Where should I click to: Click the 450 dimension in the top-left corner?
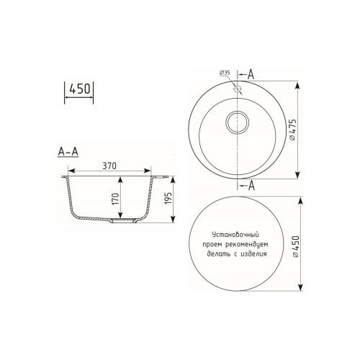79,89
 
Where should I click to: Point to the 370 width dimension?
110,166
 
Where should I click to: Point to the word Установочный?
235,235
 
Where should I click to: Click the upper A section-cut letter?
250,73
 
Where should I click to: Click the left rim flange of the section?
66,175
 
